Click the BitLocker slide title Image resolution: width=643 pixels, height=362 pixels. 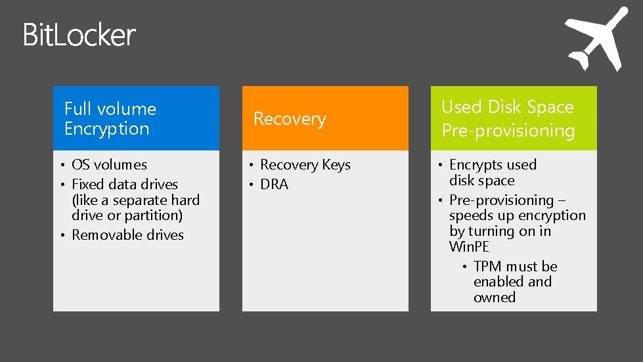coord(79,35)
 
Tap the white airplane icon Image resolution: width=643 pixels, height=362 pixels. coord(596,40)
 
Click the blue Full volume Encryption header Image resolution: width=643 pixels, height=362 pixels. coord(136,118)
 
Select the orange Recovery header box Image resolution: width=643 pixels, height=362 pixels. coord(325,118)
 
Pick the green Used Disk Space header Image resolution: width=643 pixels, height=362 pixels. coord(514,118)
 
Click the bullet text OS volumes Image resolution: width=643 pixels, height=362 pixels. coord(109,165)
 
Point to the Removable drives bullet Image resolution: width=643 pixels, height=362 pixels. coord(127,235)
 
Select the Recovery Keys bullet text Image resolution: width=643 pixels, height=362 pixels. coord(305,165)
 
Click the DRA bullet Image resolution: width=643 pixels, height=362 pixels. coord(274,185)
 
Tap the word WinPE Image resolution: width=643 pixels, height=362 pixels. coord(469,247)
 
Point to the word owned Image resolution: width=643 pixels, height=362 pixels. coord(494,298)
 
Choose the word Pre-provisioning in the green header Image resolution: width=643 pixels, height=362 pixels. coord(508,131)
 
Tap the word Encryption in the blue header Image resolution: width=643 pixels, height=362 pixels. coord(106,129)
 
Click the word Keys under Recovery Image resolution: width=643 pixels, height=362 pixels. coord(336,165)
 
